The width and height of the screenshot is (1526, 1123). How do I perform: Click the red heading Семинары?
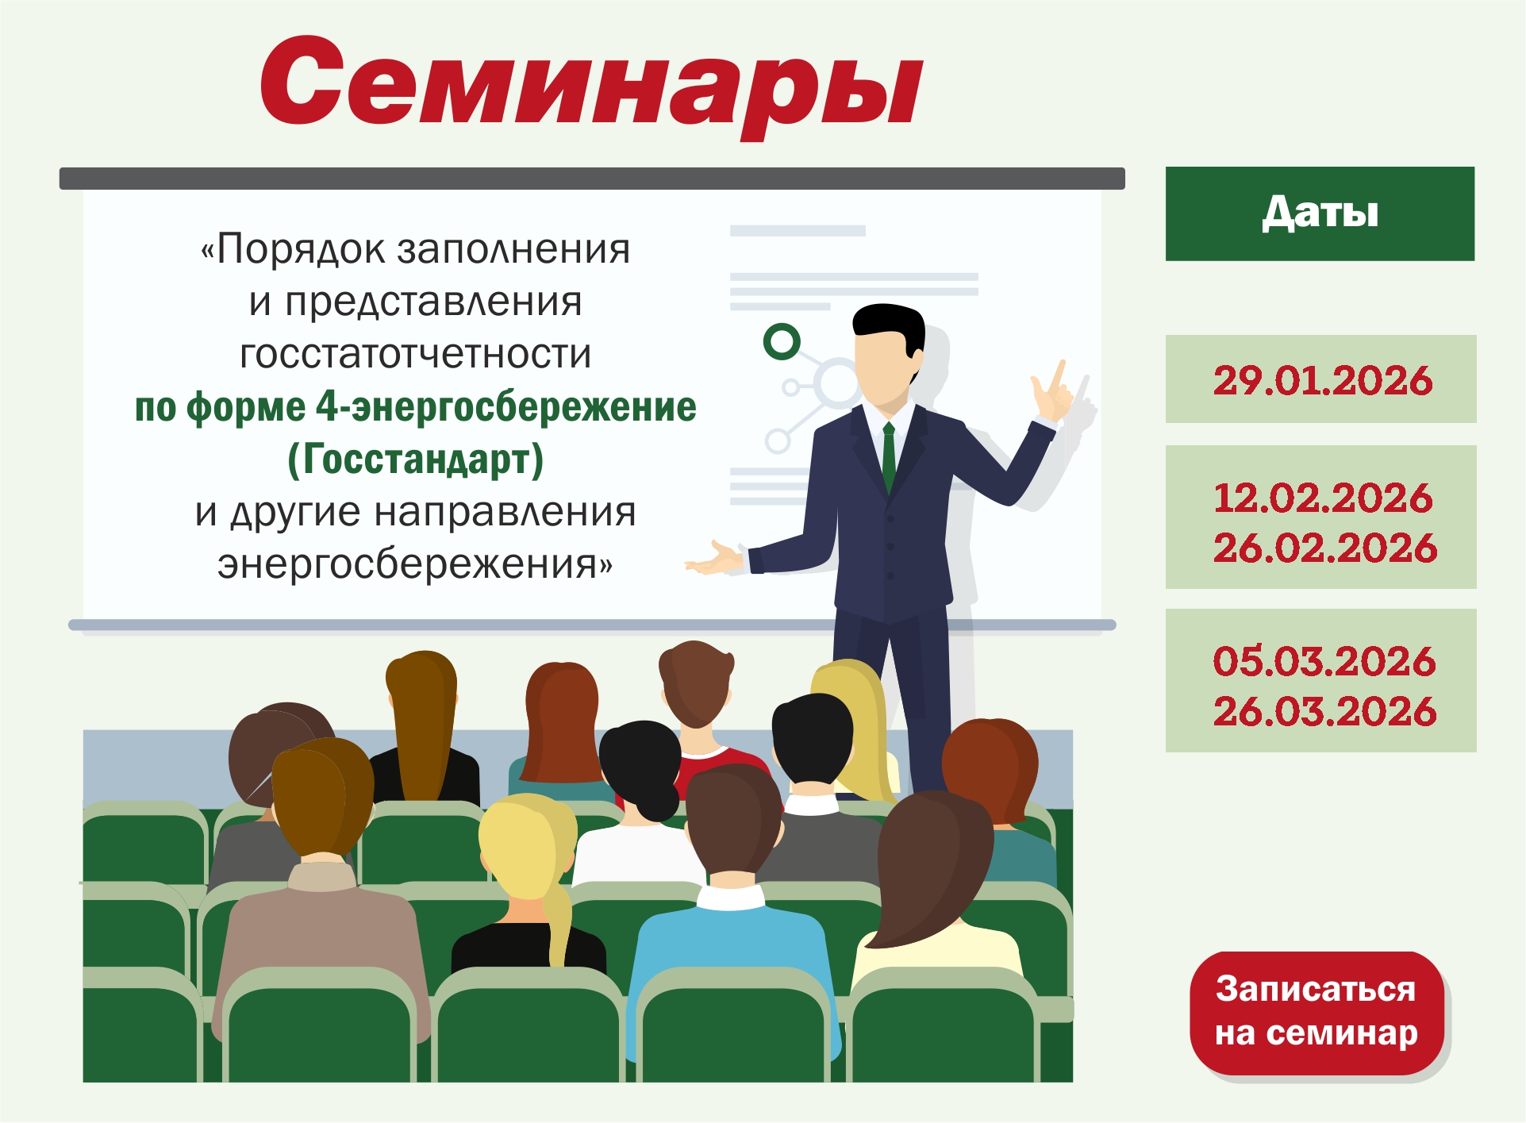592,86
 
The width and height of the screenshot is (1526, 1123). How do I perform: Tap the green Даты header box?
1320,213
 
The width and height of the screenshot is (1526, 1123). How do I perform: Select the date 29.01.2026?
1323,380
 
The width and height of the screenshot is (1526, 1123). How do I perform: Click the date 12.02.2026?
1323,498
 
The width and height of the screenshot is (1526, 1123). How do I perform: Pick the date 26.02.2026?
1325,548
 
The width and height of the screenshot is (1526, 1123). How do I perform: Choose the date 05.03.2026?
1324,661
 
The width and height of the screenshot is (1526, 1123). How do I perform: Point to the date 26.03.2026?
1325,711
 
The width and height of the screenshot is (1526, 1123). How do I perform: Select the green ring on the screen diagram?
782,341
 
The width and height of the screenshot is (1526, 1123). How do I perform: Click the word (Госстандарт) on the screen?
415,459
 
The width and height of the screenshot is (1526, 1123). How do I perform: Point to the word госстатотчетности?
416,354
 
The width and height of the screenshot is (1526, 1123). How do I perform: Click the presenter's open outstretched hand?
714,558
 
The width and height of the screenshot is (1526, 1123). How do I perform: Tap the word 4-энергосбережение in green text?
506,407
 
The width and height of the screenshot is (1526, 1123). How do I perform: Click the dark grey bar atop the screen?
592,179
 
